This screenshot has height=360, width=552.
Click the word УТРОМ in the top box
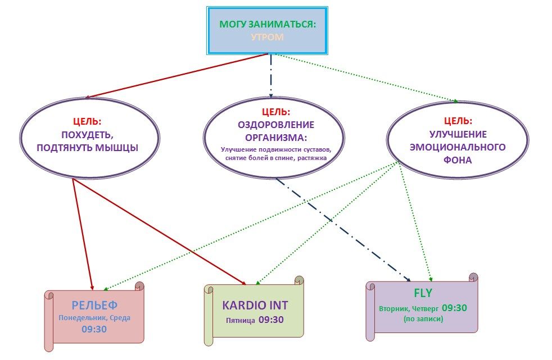point(267,37)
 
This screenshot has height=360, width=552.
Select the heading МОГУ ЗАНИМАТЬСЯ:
point(267,25)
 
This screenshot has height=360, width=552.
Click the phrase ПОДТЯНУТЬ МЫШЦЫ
point(87,148)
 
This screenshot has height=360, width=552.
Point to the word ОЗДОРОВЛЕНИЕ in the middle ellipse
point(275,125)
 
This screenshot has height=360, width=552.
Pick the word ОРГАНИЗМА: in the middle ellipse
point(275,137)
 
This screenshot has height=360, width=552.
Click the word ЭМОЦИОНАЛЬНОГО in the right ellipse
point(459,147)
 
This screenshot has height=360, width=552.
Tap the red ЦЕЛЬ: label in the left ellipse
point(87,121)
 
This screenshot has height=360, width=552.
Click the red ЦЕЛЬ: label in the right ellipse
point(459,120)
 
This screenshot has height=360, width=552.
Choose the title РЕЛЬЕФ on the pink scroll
point(94,305)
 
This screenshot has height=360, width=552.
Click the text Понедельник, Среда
point(94,318)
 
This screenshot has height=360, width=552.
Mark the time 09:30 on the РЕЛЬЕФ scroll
point(94,329)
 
